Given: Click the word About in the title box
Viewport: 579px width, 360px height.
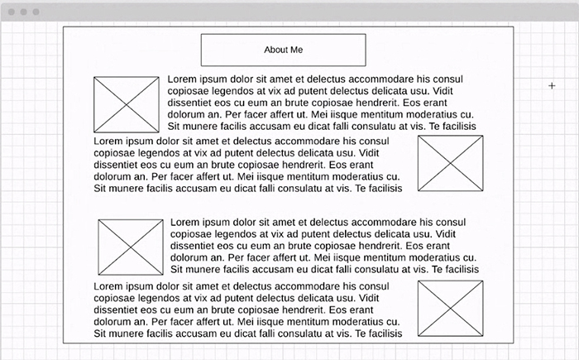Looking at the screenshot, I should pos(275,50).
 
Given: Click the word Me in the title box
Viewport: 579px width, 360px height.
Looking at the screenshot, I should pos(296,50).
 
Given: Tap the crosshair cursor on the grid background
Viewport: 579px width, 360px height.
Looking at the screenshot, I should pos(552,85).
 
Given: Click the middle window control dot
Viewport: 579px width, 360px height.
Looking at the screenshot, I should pos(24,12).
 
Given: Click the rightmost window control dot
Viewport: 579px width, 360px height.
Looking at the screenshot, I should pos(36,12).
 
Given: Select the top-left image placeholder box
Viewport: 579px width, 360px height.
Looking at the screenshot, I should pos(126,105).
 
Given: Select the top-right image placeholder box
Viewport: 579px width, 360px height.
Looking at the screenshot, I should pos(450,164).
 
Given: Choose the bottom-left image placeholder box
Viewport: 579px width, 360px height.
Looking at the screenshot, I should pos(131,247).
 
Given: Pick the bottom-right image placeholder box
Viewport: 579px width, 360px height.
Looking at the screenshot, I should pos(450,308).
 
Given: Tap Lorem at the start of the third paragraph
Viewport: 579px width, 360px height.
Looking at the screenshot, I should pos(185,223).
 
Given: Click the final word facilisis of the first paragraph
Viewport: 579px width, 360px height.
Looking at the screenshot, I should pos(457,127).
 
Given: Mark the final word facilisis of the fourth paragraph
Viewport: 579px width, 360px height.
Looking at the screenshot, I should pos(382,333).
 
